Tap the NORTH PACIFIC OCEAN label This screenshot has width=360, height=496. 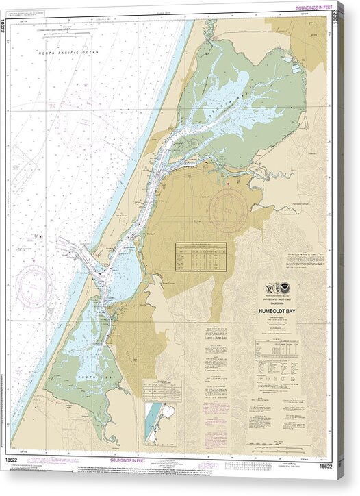pyautogui.click(x=68, y=53)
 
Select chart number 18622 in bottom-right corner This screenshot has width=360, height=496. pyautogui.click(x=326, y=466)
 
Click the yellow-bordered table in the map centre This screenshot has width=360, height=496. pyautogui.click(x=201, y=257)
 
